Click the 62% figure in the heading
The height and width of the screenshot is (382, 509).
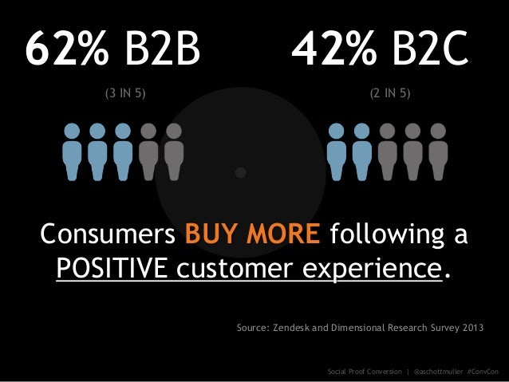[x=66, y=51]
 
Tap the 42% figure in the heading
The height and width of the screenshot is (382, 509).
[x=333, y=51]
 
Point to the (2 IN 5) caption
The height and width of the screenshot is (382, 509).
[x=390, y=94]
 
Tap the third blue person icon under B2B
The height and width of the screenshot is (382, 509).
[x=123, y=151]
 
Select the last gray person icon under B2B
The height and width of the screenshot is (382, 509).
[x=173, y=151]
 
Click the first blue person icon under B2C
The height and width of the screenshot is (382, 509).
[x=337, y=151]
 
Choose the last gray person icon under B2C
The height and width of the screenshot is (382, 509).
[x=436, y=151]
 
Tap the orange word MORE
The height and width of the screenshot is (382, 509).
[x=285, y=237]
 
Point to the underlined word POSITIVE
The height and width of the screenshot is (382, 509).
[x=111, y=270]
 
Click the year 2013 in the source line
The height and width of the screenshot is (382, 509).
[x=470, y=328]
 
